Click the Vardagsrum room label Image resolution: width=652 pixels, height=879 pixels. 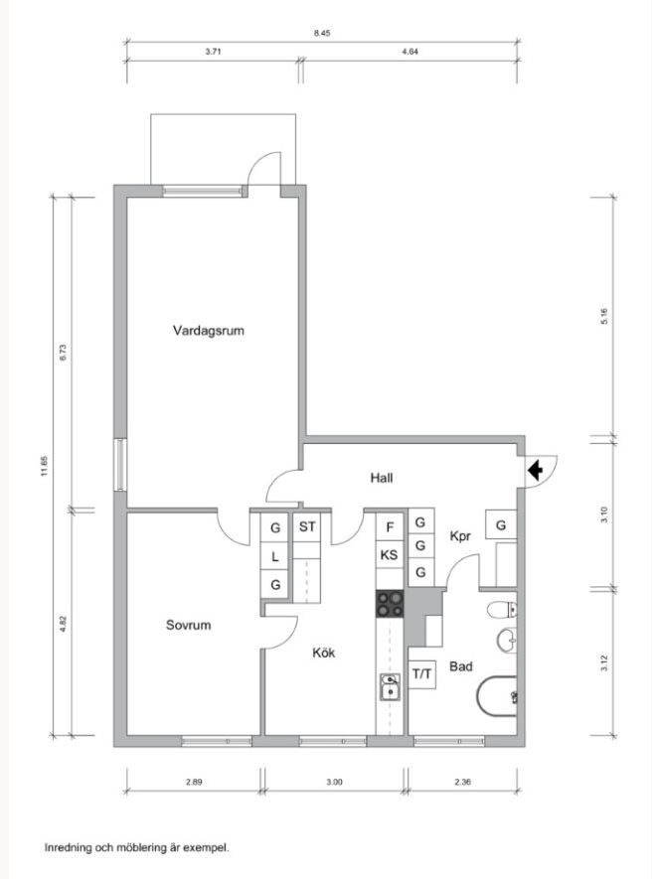tap(208, 331)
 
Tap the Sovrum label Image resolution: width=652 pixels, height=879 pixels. tap(188, 625)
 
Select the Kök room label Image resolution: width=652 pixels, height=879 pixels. tap(324, 653)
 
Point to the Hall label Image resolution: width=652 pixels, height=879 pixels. tap(382, 478)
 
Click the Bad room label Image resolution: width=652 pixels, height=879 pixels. tap(460, 666)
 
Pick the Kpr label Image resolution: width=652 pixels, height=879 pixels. tap(460, 536)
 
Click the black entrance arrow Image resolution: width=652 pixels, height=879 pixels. tap(536, 471)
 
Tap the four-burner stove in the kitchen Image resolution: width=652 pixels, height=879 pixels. tap(390, 604)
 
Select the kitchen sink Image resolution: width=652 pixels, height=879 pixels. tap(390, 686)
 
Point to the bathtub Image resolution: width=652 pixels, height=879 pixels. tap(497, 696)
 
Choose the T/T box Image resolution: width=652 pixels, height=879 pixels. tap(422, 674)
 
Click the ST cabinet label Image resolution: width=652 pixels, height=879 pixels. tap(307, 527)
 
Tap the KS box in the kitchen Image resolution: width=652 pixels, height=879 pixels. tap(389, 555)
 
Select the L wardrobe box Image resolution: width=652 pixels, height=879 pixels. tap(275, 556)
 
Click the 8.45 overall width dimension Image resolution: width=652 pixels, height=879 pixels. tap(322, 33)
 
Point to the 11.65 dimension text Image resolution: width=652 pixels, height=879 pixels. tap(45, 466)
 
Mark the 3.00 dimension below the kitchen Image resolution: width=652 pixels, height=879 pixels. tap(334, 782)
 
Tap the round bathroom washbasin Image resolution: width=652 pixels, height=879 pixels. tap(507, 639)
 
